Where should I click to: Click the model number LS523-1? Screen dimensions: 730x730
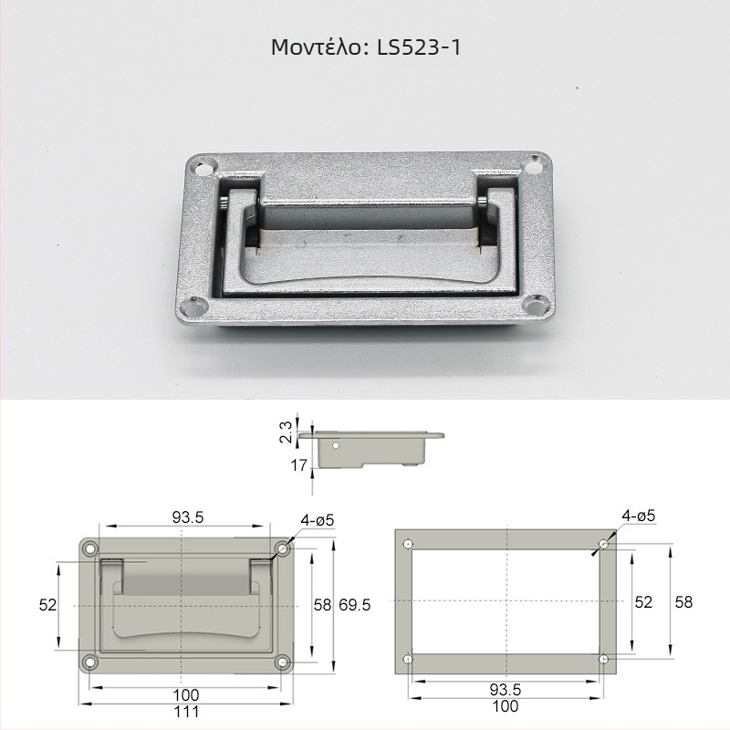(x=419, y=47)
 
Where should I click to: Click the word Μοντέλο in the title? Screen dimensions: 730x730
(x=316, y=47)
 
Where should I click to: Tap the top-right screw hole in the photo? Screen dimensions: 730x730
(x=533, y=166)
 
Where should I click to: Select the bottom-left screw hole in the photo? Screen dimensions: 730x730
(x=192, y=306)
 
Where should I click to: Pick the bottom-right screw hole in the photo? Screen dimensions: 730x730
(x=537, y=306)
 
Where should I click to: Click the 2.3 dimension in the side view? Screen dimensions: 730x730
(x=287, y=432)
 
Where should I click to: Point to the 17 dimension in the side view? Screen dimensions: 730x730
(x=298, y=464)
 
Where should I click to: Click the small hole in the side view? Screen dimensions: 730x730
(x=335, y=445)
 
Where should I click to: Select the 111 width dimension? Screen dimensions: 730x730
(x=186, y=712)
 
